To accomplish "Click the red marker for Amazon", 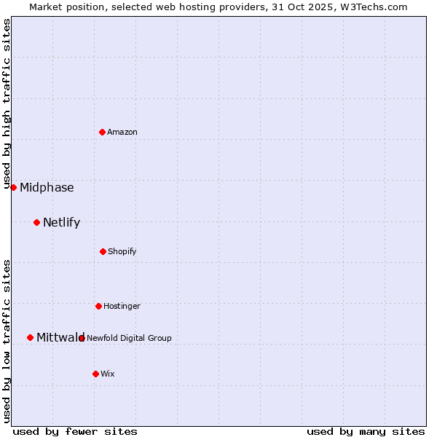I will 102,132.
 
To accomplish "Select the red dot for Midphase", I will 13,187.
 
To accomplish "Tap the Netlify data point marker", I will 36,222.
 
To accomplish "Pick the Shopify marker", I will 103,251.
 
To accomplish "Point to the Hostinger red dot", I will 98,306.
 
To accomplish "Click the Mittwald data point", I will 30,337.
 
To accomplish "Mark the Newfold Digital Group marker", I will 82,338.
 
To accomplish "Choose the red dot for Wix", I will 95,374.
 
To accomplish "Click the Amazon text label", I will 122,132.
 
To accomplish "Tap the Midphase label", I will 47,187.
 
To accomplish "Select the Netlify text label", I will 61,222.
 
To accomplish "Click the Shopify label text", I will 122,251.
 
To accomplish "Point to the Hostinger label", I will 122,306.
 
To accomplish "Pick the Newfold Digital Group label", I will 129,338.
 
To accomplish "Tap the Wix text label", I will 108,374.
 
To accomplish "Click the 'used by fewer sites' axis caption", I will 75,431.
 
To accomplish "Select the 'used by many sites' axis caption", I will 366,431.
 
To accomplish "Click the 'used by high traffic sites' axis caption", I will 7,103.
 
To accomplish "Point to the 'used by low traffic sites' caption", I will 7,340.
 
